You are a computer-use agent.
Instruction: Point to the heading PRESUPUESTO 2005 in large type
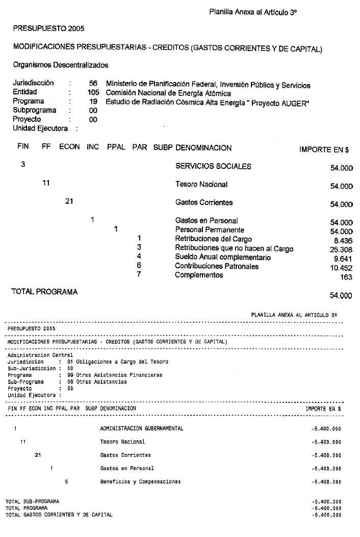(x=48, y=28)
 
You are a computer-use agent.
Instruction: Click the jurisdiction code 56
(x=93, y=85)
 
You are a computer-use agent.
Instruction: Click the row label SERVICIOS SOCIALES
(x=213, y=167)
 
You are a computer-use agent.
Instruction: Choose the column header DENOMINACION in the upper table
(x=203, y=148)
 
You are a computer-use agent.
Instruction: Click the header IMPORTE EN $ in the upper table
(x=324, y=150)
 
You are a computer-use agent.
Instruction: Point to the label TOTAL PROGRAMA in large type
(x=44, y=292)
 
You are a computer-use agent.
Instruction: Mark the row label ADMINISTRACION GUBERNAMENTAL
(x=142, y=429)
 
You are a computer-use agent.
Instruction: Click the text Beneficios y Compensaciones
(x=140, y=481)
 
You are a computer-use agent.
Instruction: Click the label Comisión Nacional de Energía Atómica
(x=168, y=93)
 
